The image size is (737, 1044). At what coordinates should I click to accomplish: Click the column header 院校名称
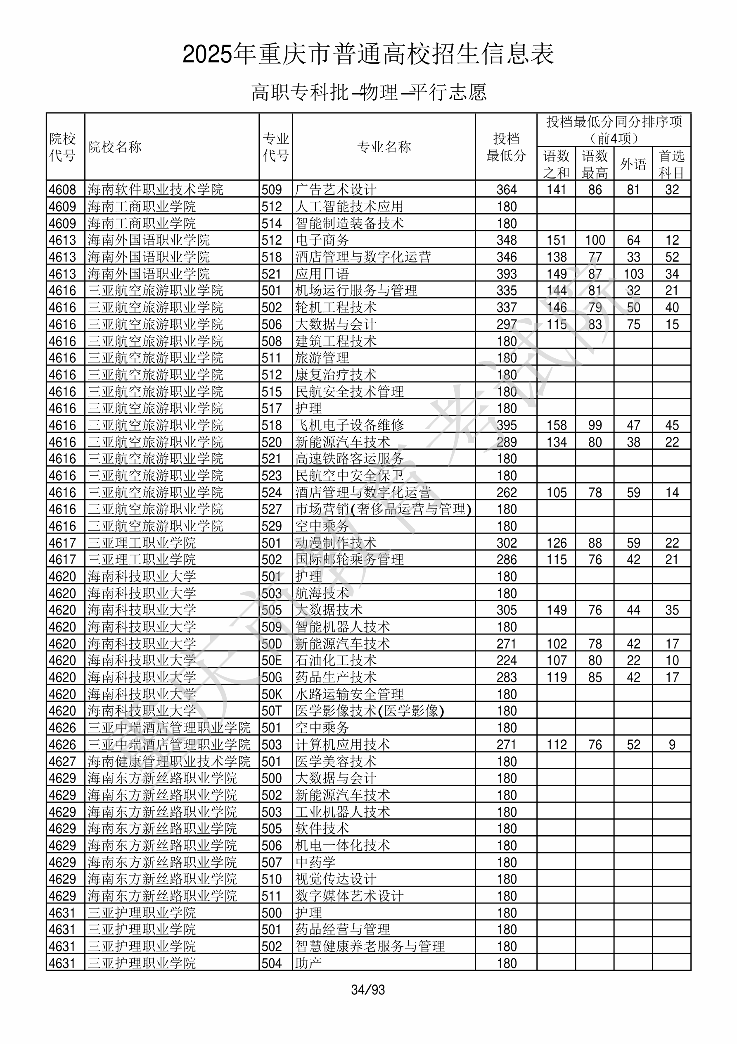pyautogui.click(x=115, y=147)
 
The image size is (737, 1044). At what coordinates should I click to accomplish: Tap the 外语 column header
pyautogui.click(x=633, y=164)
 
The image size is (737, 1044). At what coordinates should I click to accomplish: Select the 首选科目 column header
pyautogui.click(x=672, y=164)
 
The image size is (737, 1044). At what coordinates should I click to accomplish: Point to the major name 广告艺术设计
pyautogui.click(x=335, y=190)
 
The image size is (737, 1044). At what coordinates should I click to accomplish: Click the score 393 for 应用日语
pyautogui.click(x=507, y=274)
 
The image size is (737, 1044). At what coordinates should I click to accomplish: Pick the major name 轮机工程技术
pyautogui.click(x=335, y=307)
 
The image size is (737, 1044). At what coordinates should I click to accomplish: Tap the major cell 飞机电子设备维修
pyautogui.click(x=349, y=425)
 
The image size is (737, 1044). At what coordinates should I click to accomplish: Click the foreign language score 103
pyautogui.click(x=633, y=274)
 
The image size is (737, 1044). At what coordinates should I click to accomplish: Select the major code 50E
pyautogui.click(x=272, y=660)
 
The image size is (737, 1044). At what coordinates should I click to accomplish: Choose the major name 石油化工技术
pyautogui.click(x=335, y=660)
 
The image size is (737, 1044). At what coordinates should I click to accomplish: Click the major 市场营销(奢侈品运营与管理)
pyautogui.click(x=383, y=509)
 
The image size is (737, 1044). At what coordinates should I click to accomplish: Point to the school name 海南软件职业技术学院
pyautogui.click(x=155, y=190)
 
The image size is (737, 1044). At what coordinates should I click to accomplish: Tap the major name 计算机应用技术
pyautogui.click(x=342, y=745)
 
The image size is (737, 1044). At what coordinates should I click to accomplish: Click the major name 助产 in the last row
pyautogui.click(x=308, y=963)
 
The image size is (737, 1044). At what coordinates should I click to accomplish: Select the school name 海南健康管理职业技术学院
pyautogui.click(x=168, y=762)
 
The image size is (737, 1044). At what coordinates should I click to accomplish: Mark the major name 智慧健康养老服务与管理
pyautogui.click(x=370, y=946)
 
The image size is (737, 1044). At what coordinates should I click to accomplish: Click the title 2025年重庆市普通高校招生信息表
pyautogui.click(x=368, y=54)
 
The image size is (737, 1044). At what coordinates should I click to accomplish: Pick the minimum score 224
pyautogui.click(x=507, y=660)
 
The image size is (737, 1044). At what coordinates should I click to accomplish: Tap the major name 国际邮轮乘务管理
pyautogui.click(x=349, y=559)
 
